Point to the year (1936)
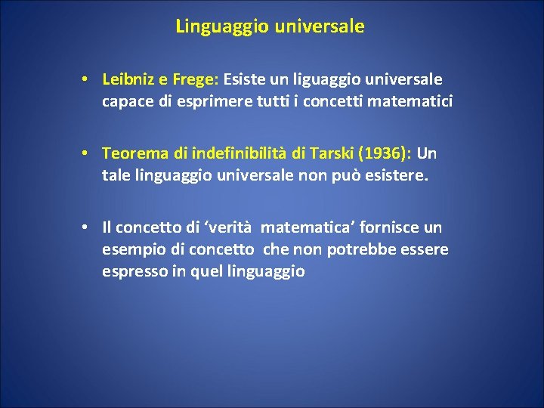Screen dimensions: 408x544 click(382, 153)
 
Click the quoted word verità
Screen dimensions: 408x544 click(230, 227)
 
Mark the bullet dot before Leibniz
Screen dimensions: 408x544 click(88, 79)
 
